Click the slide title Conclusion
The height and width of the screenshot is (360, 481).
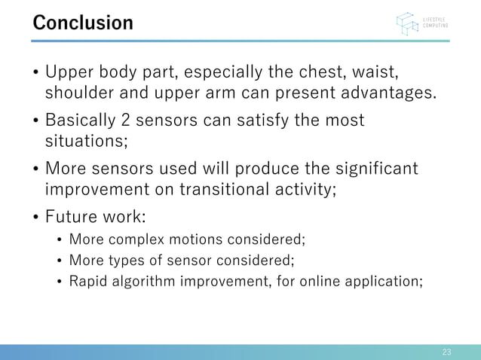[82, 23]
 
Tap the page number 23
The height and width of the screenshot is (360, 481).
[446, 352]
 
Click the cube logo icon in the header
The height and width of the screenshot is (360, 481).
[408, 23]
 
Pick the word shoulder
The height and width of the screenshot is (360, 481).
[79, 94]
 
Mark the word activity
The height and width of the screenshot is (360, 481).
[307, 188]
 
